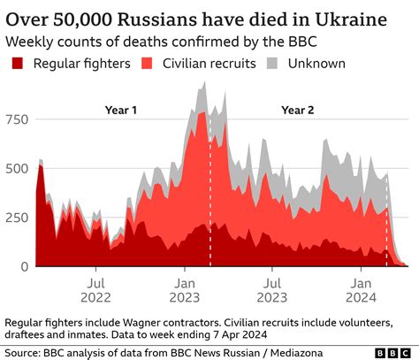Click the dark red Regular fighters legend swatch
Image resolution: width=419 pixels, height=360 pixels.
(x=15, y=63)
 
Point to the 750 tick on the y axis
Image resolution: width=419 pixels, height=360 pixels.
(x=17, y=119)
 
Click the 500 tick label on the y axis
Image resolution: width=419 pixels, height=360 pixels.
(x=17, y=169)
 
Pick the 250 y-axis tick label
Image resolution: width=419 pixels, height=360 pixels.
(x=17, y=218)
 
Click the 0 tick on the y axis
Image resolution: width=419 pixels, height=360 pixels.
(x=25, y=266)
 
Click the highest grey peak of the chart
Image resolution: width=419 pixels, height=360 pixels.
(x=203, y=83)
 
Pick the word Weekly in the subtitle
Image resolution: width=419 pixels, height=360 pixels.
(x=29, y=41)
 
